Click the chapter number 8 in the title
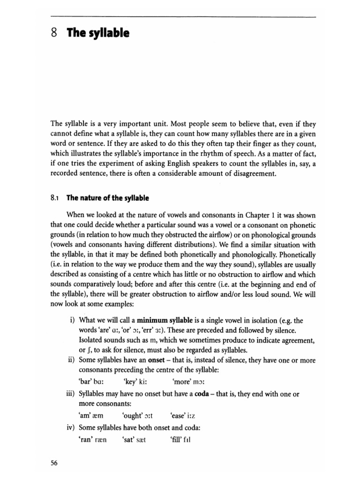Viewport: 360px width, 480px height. coord(55,34)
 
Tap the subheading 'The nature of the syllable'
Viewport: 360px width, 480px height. coord(107,198)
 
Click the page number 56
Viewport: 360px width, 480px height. coord(54,463)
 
